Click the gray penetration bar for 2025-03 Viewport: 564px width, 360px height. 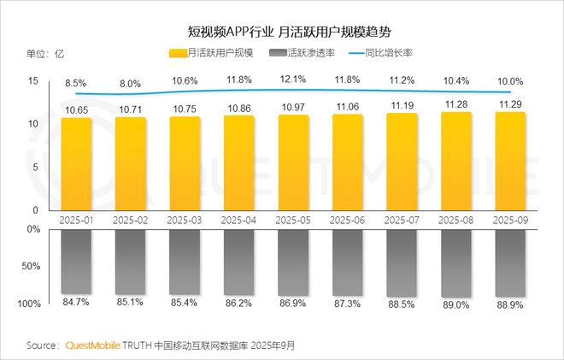click(184, 261)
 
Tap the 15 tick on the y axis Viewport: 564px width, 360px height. click(33, 81)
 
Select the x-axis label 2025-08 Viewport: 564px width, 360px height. click(455, 220)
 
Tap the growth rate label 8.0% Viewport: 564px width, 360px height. click(130, 84)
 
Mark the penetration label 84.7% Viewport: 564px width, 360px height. click(75, 301)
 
